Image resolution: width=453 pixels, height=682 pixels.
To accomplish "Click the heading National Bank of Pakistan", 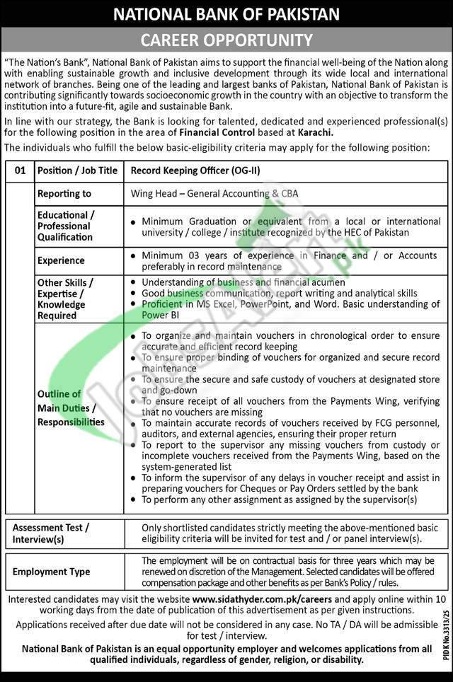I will (226, 13).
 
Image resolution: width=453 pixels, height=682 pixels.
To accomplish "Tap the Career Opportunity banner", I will (226, 39).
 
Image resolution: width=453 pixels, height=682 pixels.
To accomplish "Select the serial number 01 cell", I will (19, 170).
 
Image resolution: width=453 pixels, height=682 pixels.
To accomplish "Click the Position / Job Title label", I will (77, 170).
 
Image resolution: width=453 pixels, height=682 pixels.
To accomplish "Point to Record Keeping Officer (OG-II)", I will (188, 170).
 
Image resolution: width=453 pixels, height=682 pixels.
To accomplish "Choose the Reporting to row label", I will (64, 193).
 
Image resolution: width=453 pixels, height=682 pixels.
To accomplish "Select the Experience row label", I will (61, 260).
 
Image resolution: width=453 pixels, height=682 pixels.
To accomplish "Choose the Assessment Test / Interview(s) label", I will (51, 533).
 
